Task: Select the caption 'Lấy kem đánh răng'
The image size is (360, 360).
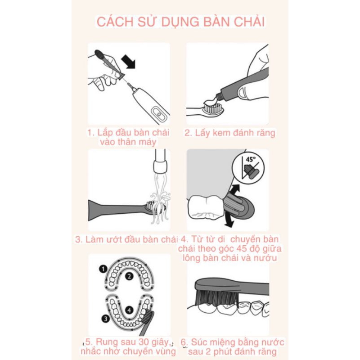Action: click(x=229, y=133)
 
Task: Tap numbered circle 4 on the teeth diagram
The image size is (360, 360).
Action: click(x=129, y=310)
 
